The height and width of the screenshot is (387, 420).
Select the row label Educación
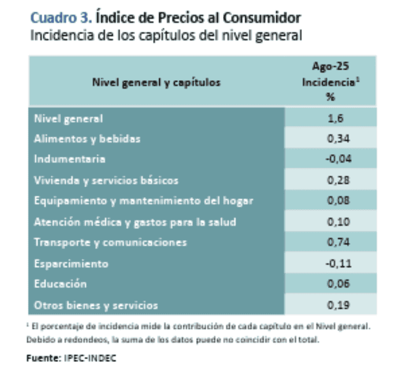(x=60, y=284)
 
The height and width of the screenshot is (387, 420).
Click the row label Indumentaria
(x=69, y=159)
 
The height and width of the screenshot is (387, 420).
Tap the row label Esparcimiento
(x=71, y=263)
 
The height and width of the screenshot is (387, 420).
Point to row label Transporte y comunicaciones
(x=110, y=243)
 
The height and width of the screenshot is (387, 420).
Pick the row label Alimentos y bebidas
(x=87, y=139)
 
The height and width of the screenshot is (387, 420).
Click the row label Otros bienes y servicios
(x=96, y=305)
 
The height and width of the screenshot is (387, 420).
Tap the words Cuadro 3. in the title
(x=61, y=18)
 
